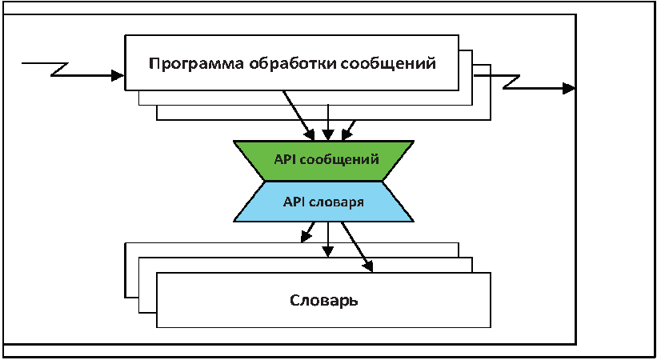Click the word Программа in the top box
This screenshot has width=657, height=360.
197,64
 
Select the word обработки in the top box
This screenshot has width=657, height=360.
290,64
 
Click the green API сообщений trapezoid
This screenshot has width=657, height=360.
323,161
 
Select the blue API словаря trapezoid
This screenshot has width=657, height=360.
323,202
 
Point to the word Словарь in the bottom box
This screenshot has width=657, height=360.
323,301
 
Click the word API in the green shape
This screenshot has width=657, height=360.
285,160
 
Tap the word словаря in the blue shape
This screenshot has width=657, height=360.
336,203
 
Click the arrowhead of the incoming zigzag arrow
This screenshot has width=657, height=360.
119,76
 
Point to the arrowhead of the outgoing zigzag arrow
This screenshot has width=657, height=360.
570,89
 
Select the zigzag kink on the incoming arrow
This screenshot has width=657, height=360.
59,70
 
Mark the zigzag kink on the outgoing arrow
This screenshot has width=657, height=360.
511,82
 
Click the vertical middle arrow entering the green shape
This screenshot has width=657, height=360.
327,122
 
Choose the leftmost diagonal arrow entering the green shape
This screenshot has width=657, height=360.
298,115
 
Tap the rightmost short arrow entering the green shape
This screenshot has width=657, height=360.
349,130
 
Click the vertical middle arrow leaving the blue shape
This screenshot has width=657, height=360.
327,239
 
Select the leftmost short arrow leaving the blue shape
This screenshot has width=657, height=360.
307,232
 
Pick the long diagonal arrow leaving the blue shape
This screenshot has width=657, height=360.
357,247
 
